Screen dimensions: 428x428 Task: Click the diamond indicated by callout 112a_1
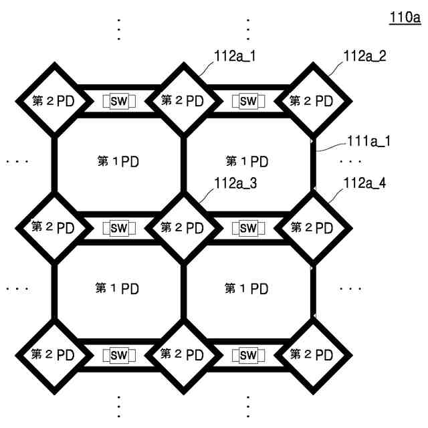click(182, 102)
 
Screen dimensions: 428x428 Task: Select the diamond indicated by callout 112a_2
click(312, 102)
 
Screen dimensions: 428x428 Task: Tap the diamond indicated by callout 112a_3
click(182, 227)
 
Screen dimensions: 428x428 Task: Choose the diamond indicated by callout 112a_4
click(312, 227)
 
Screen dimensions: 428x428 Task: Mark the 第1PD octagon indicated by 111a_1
click(247, 163)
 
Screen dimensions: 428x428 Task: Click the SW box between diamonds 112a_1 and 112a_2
click(248, 102)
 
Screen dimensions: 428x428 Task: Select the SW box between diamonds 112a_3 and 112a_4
click(248, 228)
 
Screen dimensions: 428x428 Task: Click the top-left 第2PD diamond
click(53, 102)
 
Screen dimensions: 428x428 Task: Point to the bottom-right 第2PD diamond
click(312, 354)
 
